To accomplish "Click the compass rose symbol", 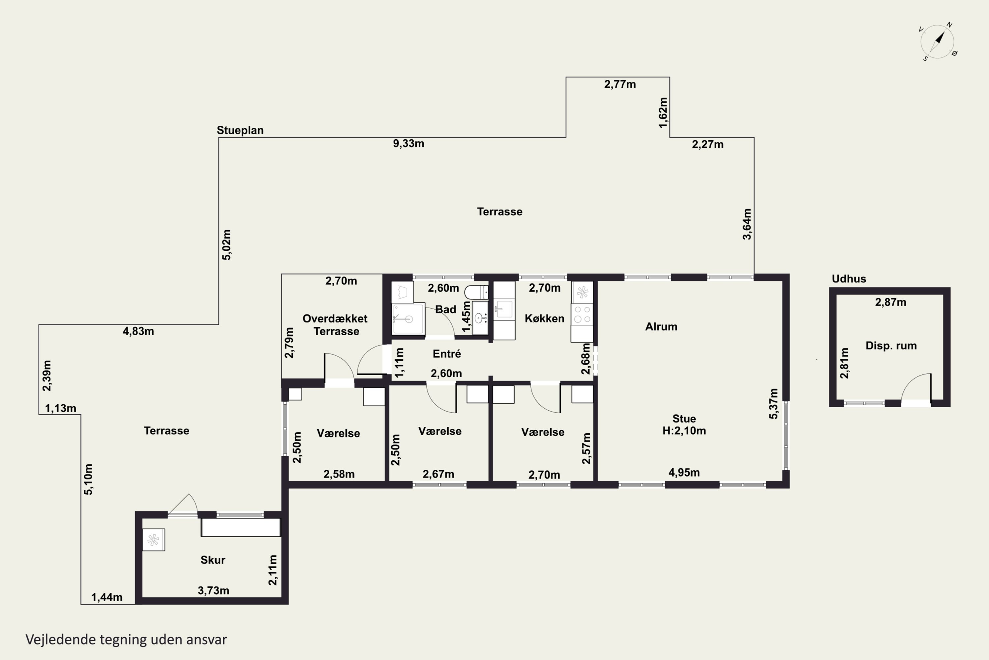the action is (x=938, y=42).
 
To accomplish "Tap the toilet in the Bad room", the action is (x=476, y=292).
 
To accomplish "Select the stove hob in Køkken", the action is (x=582, y=314).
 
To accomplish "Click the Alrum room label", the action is (x=661, y=327).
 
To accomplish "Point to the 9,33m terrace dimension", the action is (x=408, y=144).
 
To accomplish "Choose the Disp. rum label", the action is (x=891, y=346).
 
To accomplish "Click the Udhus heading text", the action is (x=849, y=279).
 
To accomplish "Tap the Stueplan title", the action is (x=240, y=130).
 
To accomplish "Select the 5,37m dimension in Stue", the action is (x=773, y=403).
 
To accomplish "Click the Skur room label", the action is (x=213, y=560).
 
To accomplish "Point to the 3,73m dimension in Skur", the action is (x=214, y=591).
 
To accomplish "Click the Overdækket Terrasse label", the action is (x=335, y=325).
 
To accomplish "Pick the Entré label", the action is (x=447, y=353).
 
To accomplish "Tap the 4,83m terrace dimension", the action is (x=138, y=331).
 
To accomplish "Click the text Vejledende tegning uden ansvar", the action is (x=126, y=640).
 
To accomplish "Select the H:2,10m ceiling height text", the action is (x=684, y=431).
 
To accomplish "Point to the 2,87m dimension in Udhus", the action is (x=891, y=302).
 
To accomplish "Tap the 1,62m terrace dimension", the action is (x=663, y=113).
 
